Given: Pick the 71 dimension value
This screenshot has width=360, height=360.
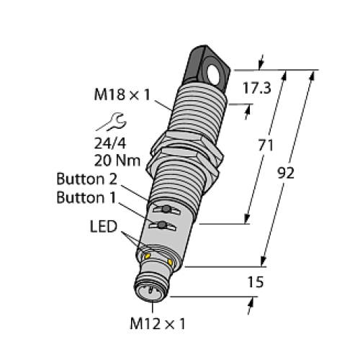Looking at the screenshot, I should coord(266,146).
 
